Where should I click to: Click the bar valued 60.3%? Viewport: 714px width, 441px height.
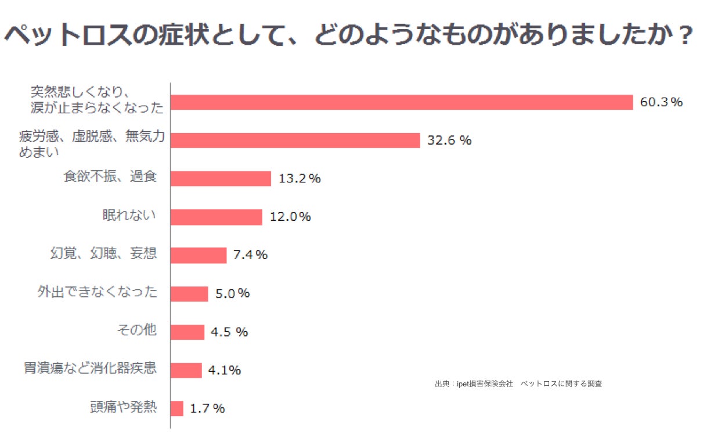click(402, 102)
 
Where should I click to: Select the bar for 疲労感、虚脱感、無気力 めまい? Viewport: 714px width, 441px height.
click(295, 141)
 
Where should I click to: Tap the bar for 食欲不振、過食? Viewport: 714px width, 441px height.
click(221, 178)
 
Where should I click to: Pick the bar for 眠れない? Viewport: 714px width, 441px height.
click(217, 217)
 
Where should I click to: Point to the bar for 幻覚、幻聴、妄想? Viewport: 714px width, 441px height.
click(199, 255)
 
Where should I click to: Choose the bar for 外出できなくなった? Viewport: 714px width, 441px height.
click(189, 293)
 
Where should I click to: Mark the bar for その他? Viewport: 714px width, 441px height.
click(187, 332)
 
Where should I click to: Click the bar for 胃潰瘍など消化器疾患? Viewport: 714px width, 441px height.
click(186, 370)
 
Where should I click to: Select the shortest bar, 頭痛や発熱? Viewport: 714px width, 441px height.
click(177, 408)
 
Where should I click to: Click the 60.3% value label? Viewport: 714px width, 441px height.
click(661, 102)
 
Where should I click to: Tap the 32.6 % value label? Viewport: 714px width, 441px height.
click(449, 141)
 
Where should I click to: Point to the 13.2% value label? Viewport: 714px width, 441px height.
click(300, 178)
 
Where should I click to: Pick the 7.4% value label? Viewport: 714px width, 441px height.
click(250, 255)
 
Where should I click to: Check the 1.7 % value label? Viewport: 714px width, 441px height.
click(207, 408)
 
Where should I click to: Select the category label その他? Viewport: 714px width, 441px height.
click(136, 331)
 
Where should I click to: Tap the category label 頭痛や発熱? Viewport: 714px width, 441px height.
click(123, 407)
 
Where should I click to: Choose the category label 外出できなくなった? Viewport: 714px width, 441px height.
click(98, 292)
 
